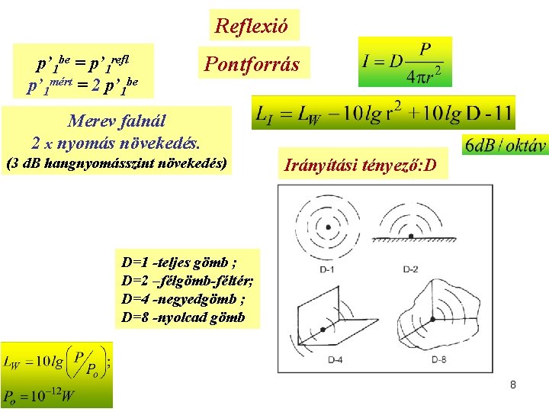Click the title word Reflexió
point(252,26)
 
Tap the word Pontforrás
point(251,65)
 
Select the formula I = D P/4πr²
point(406,62)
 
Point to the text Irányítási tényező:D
point(360,163)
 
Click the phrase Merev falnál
point(117,121)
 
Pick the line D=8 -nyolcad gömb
point(183,317)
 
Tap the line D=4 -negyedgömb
point(183,298)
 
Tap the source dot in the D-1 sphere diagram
point(329,227)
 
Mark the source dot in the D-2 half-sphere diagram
point(412,234)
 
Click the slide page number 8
point(513,385)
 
